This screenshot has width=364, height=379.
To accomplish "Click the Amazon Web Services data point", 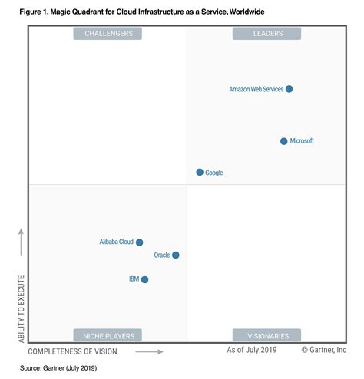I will tap(289, 89).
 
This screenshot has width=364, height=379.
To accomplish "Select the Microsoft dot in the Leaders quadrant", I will tap(283, 141).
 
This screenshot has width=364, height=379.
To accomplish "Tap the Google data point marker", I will tap(200, 173).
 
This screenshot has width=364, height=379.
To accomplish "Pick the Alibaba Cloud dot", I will tap(139, 242).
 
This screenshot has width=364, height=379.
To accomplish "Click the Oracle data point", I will tap(176, 255).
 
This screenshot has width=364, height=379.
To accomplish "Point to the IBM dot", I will tap(144, 279).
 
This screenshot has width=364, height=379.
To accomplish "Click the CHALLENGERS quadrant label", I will tap(108, 34).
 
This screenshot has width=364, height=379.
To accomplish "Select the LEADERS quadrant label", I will tap(267, 34).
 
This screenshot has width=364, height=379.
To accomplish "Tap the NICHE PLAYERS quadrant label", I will tap(108, 335).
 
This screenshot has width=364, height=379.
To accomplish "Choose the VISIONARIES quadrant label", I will tap(267, 335).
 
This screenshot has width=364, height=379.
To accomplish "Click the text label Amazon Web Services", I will tap(256, 90).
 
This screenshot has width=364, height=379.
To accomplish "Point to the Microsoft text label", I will tap(302, 141).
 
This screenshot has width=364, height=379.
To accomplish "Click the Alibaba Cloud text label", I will tap(116, 242).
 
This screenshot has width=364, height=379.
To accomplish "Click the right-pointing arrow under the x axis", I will tap(149, 352).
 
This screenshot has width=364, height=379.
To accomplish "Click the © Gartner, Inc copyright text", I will tap(326, 350).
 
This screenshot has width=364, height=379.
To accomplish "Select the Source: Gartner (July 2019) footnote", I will tap(59, 368).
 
